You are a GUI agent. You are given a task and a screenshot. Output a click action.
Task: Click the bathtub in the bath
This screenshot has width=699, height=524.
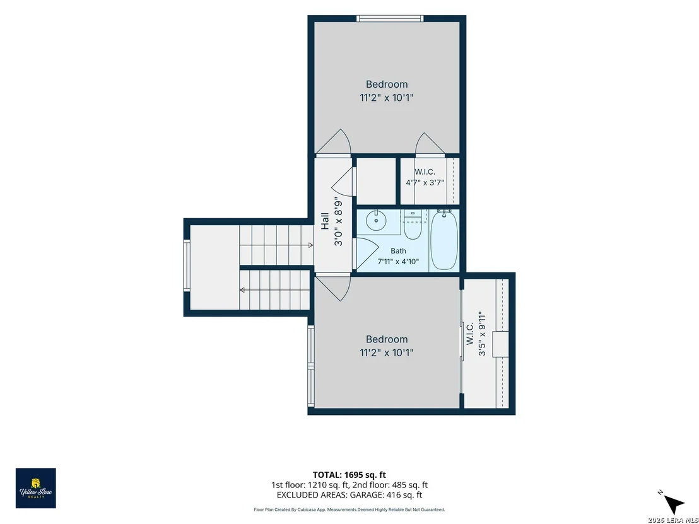tap(444, 240)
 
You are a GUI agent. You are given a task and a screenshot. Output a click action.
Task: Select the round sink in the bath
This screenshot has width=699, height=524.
tap(376, 220)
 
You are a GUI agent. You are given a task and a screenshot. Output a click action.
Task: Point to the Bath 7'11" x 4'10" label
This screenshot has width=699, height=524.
tap(398, 256)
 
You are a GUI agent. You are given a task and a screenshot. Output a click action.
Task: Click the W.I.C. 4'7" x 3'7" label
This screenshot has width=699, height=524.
tap(425, 177)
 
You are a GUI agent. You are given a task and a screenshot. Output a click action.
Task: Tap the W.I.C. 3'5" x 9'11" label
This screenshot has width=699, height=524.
tap(476, 334)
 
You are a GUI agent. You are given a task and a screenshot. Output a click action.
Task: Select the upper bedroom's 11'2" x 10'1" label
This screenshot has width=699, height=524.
tap(387, 98)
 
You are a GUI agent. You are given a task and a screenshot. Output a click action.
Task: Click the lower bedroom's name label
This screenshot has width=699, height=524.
tap(387, 339)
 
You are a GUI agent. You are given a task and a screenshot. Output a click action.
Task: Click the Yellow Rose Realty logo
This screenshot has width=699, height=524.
tap(36, 488)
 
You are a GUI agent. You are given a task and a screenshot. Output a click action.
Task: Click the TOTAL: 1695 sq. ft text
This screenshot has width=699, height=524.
tap(349, 475)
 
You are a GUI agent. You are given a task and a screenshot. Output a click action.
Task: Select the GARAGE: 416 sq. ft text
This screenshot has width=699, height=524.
tap(386, 495)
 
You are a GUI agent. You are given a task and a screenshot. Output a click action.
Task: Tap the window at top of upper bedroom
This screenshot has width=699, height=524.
tap(390, 18)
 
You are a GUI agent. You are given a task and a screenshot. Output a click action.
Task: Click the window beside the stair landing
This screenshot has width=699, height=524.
tap(187, 265)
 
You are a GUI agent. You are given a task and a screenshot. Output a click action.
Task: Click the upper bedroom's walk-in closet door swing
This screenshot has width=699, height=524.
tap(430, 144)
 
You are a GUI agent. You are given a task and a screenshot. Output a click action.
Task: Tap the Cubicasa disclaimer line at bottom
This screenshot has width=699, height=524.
tap(349, 509)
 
